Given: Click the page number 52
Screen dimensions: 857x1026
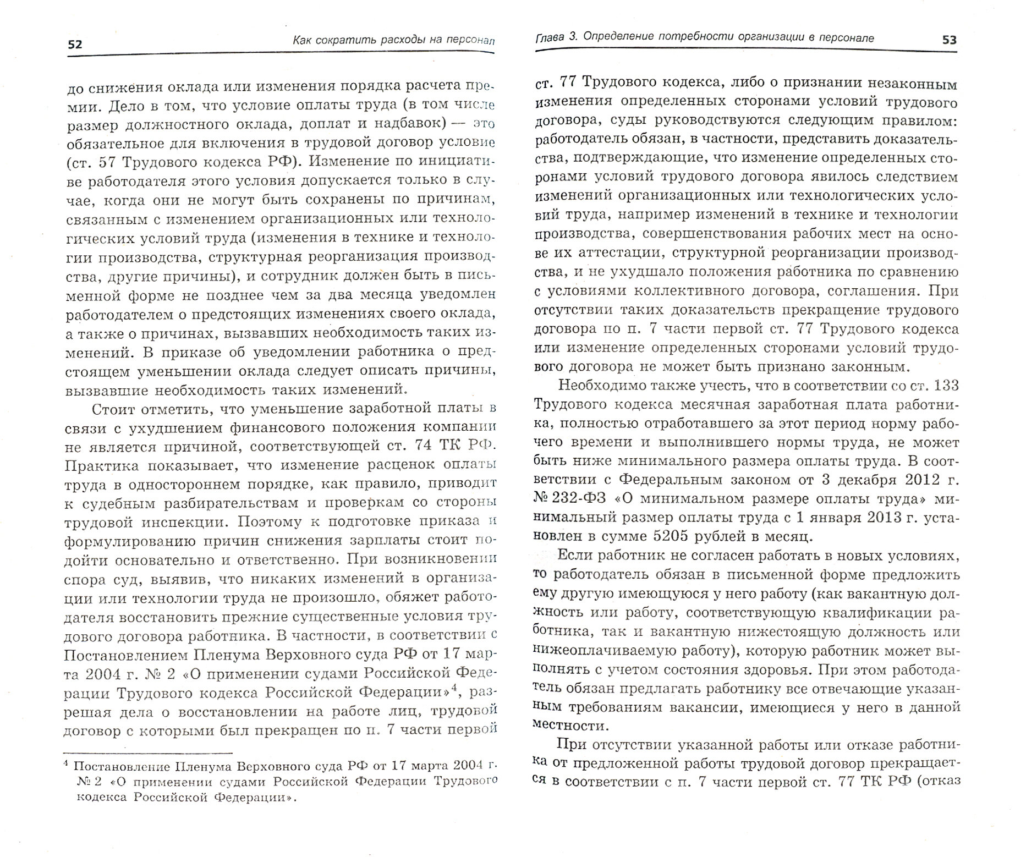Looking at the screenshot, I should click(x=75, y=45).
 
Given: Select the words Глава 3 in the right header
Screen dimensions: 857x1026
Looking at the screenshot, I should click(x=557, y=37).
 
